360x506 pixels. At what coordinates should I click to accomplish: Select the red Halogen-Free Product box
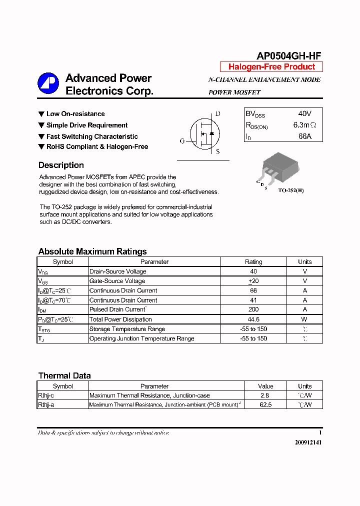click(x=271, y=67)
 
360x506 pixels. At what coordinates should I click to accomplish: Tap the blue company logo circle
click(x=48, y=83)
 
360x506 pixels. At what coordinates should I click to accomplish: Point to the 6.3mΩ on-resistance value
click(x=304, y=125)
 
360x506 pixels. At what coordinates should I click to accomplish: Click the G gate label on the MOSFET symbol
click(x=182, y=141)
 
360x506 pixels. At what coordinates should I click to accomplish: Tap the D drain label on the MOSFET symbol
click(x=217, y=114)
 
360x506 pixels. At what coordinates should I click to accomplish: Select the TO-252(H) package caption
click(x=290, y=190)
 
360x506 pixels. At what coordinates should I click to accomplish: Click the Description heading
click(x=61, y=165)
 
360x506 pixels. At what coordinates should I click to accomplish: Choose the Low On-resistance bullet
click(x=75, y=114)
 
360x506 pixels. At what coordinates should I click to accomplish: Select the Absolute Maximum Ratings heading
click(x=92, y=251)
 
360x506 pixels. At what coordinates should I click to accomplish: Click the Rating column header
click(x=253, y=262)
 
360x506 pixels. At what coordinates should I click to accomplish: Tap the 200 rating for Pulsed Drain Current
click(x=253, y=310)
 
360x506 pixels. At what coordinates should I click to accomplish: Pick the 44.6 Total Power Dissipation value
click(x=253, y=319)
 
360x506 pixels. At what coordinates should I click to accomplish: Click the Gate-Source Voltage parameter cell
click(x=117, y=281)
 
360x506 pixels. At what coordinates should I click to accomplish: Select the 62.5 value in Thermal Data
click(x=265, y=405)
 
